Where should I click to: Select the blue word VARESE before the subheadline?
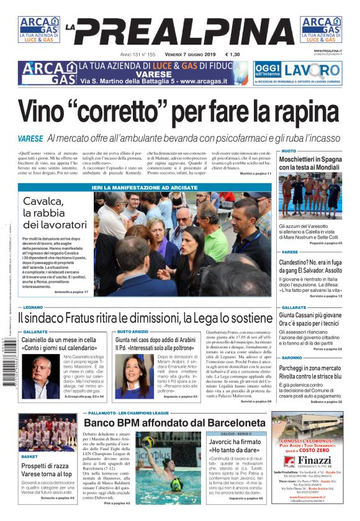tap(30, 138)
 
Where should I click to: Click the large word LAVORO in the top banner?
tap(312, 69)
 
